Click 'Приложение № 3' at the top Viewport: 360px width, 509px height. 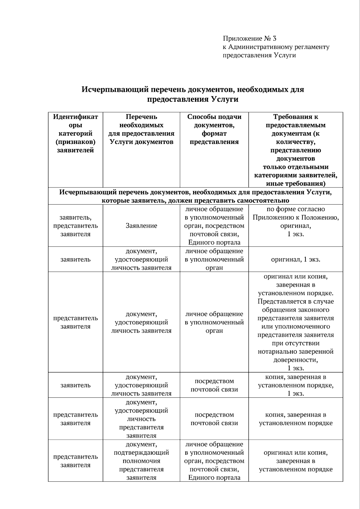(249, 38)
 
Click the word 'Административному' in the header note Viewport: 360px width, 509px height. (257, 47)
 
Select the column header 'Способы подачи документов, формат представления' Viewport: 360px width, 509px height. (214, 129)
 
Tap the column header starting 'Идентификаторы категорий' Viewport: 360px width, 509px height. (75, 133)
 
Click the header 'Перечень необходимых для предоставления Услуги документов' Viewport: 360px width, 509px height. (141, 129)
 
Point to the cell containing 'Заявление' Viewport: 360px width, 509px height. (141, 226)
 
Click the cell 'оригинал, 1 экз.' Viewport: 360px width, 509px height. (295, 259)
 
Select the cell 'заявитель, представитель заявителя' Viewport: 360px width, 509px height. (75, 226)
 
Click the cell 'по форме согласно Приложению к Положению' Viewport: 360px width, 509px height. (295, 221)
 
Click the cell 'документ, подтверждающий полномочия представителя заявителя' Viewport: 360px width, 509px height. (141, 461)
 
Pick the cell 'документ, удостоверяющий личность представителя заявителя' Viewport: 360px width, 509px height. (141, 419)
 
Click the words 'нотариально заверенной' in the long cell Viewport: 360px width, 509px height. (295, 351)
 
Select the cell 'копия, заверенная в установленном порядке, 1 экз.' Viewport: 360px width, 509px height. (295, 385)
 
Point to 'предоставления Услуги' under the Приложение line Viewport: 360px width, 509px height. (259, 55)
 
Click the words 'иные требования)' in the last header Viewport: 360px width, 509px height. (295, 184)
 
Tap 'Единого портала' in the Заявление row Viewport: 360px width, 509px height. (214, 242)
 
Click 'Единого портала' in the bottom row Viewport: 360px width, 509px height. (214, 478)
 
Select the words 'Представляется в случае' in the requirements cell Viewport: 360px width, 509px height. (295, 301)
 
